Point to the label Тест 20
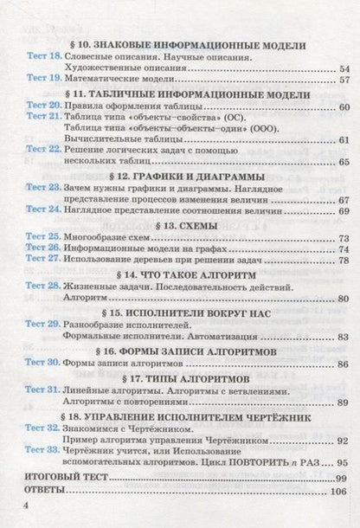click(41, 106)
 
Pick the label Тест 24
click(41, 210)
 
